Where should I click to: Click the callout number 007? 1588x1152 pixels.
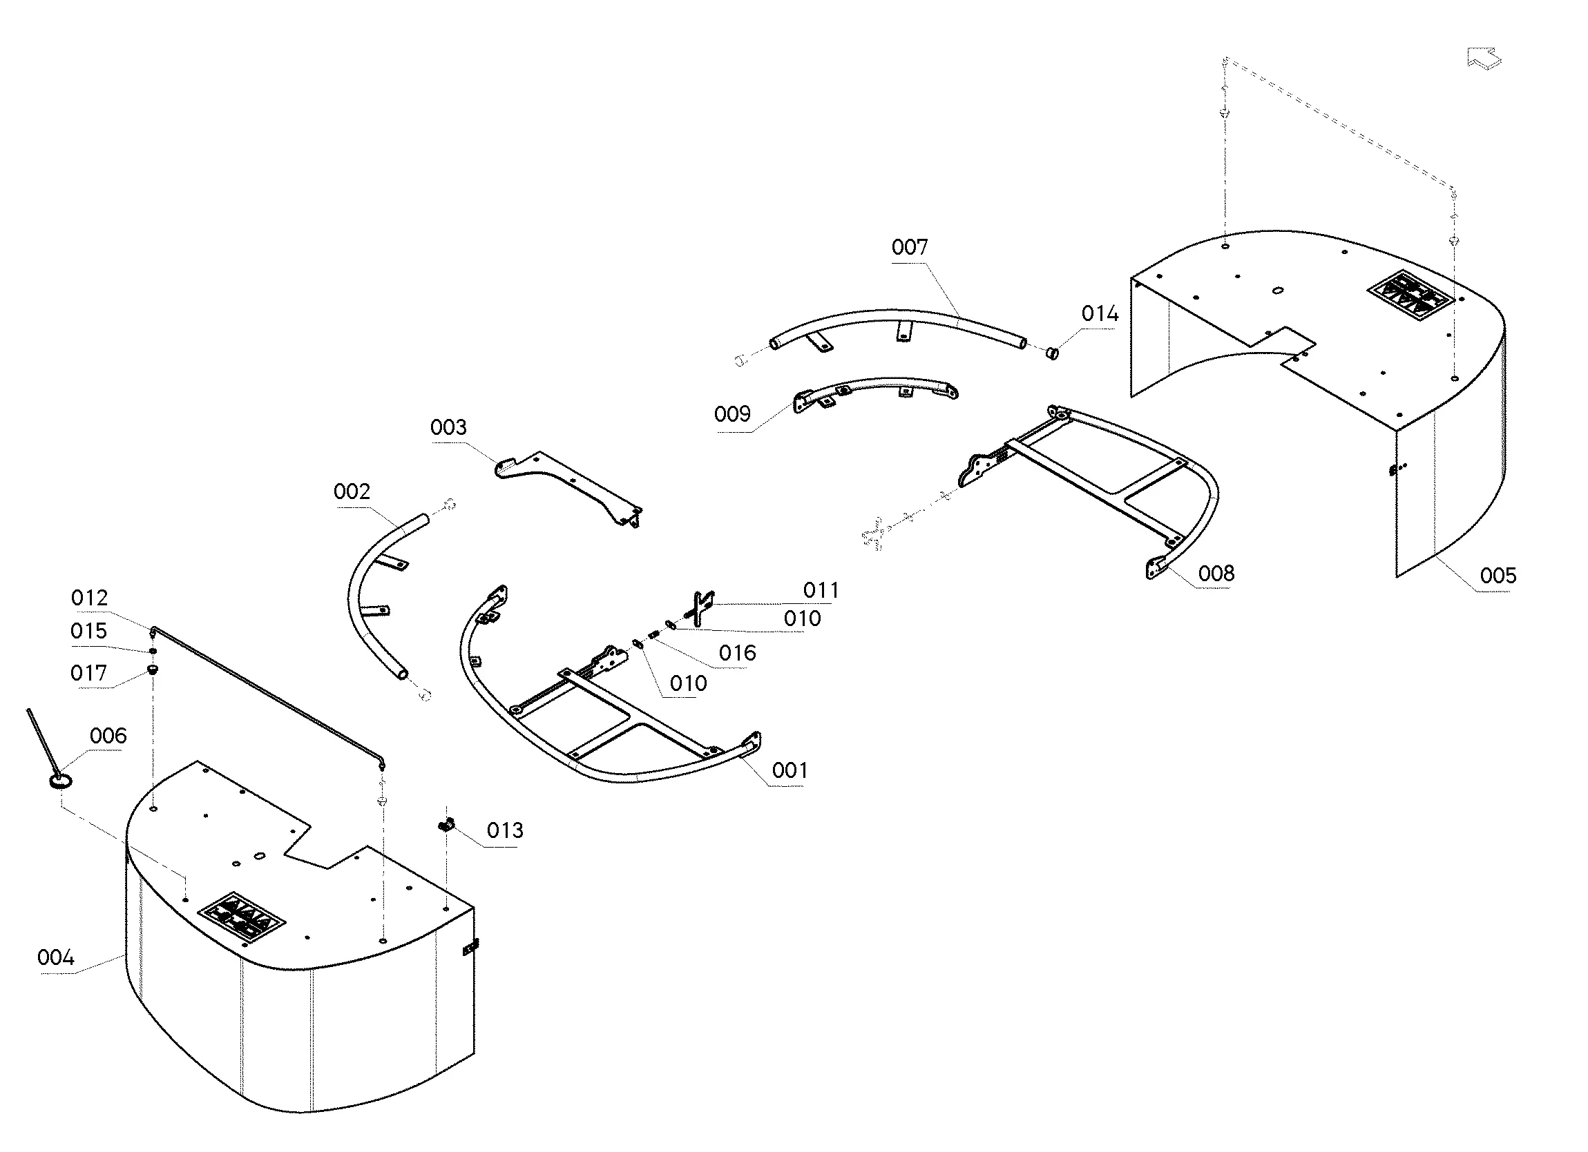pos(909,247)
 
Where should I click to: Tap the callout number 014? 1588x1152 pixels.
pos(1100,313)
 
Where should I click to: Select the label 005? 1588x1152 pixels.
pos(1498,575)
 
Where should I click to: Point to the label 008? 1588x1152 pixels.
pos(1216,573)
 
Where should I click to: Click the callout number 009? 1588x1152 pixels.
pos(732,413)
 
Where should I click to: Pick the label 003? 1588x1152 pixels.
pos(448,427)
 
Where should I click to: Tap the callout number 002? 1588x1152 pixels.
pos(352,491)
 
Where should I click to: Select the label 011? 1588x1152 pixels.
pos(821,590)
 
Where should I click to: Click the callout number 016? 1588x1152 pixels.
pos(737,653)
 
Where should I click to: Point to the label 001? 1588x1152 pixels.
pos(790,770)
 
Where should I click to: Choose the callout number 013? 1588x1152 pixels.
pos(505,830)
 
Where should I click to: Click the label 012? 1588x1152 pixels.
pos(89,598)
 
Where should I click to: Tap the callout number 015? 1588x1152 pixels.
pos(88,631)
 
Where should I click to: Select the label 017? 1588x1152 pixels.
pos(88,672)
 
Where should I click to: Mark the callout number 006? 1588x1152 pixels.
pos(108,736)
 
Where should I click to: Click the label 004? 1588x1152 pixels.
pos(55,957)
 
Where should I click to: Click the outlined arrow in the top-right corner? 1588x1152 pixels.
pos(1484,58)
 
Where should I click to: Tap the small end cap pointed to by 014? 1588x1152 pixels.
pos(1051,352)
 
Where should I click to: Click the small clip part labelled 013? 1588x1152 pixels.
pos(446,825)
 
